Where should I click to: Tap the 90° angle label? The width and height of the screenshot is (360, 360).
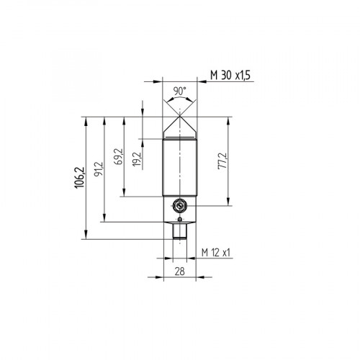click(180, 91)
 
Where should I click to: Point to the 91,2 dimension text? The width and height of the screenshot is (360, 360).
click(98, 169)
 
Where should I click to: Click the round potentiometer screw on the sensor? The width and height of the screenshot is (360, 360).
click(180, 205)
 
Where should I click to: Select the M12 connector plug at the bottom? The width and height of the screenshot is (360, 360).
click(180, 231)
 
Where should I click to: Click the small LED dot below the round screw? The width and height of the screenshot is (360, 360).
click(180, 216)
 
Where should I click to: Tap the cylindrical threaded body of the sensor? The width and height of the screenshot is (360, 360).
click(180, 166)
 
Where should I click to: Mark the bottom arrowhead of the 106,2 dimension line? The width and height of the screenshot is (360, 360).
click(86, 239)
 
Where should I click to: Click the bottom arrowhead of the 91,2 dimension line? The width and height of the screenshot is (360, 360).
click(106, 222)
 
